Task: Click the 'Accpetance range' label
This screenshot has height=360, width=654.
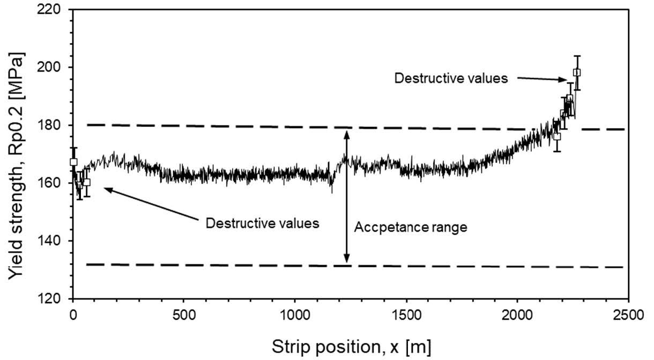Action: point(411,227)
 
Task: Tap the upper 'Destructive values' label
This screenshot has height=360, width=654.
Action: point(451,78)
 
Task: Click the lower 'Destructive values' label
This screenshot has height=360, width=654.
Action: point(263,223)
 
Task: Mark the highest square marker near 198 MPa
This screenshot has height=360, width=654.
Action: point(577,72)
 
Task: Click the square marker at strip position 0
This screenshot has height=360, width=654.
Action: point(73,162)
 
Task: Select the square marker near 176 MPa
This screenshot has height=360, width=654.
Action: point(557,136)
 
